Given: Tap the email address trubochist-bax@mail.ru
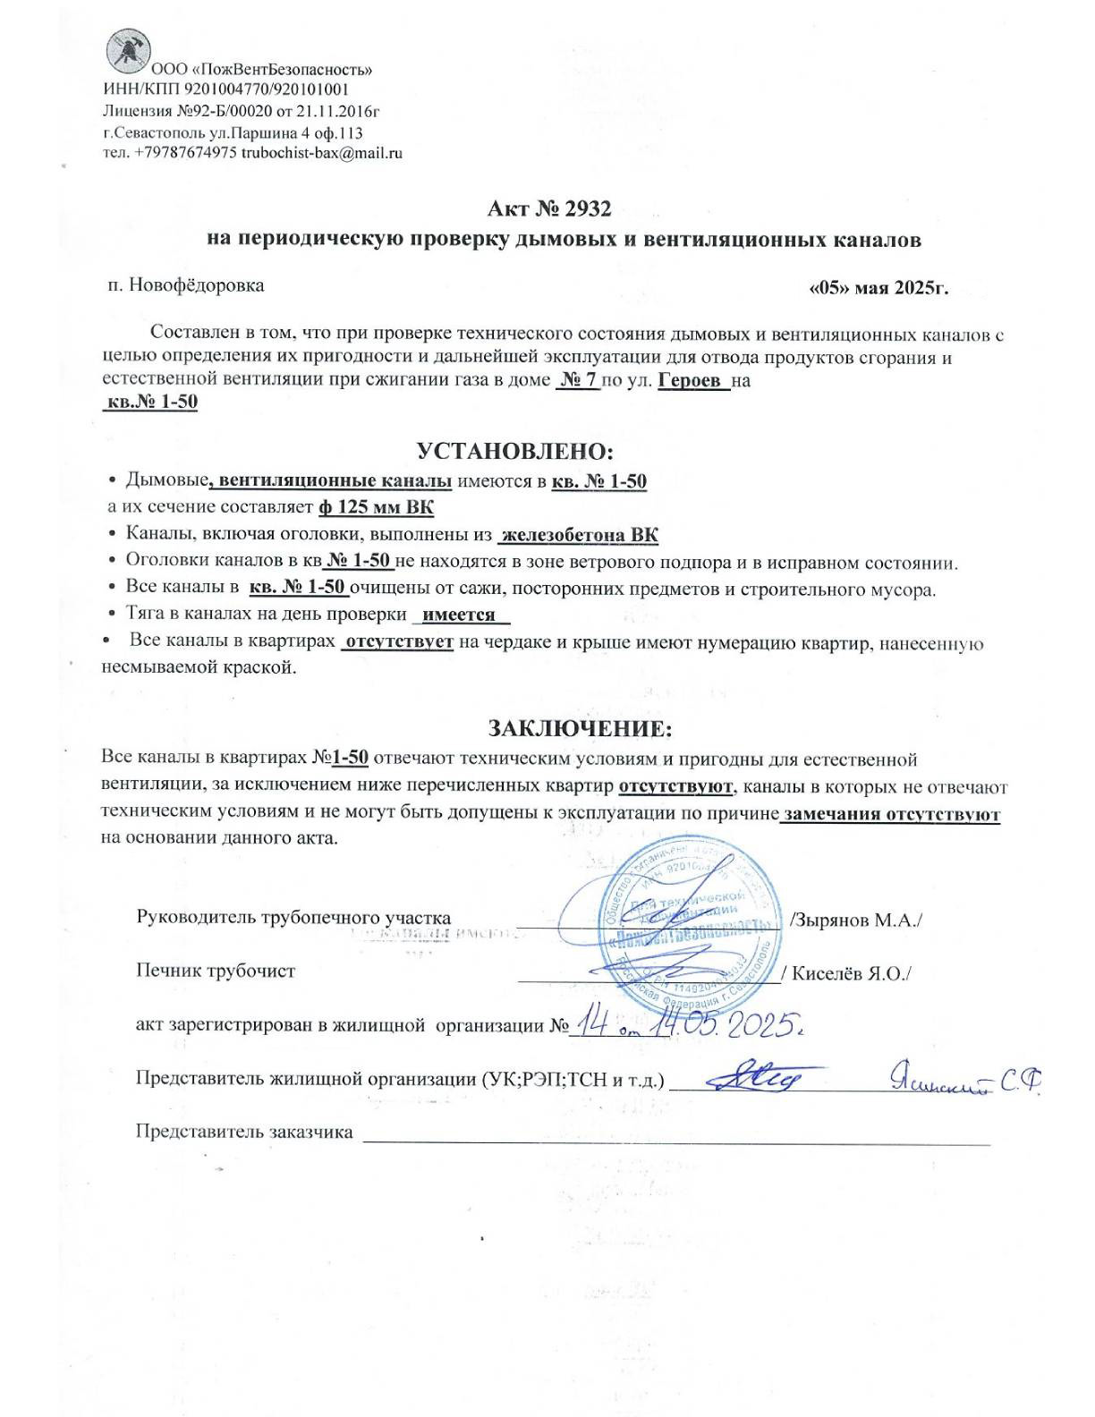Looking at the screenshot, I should point(322,153).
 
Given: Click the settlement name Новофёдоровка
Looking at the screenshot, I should point(197,285).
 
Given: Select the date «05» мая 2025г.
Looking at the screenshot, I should point(878,288).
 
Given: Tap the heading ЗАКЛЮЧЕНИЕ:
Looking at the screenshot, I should point(580,727).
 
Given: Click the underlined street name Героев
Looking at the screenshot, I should point(690,380).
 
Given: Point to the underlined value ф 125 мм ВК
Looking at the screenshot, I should point(376,508).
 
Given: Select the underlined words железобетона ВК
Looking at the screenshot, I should point(580,536).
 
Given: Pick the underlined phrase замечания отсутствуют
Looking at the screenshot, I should point(891,815).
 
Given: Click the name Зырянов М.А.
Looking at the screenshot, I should point(858,921).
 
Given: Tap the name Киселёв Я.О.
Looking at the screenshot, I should point(849,973).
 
